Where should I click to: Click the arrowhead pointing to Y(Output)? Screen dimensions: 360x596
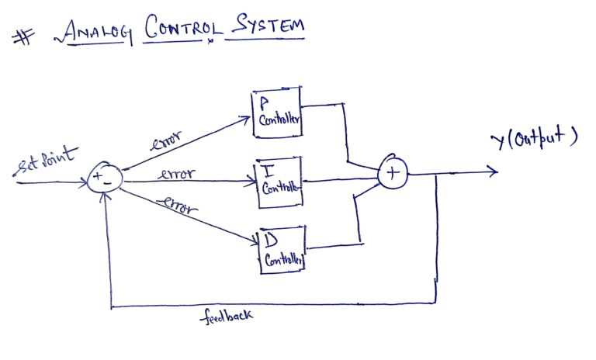(492, 172)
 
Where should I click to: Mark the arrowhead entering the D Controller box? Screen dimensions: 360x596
(254, 244)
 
